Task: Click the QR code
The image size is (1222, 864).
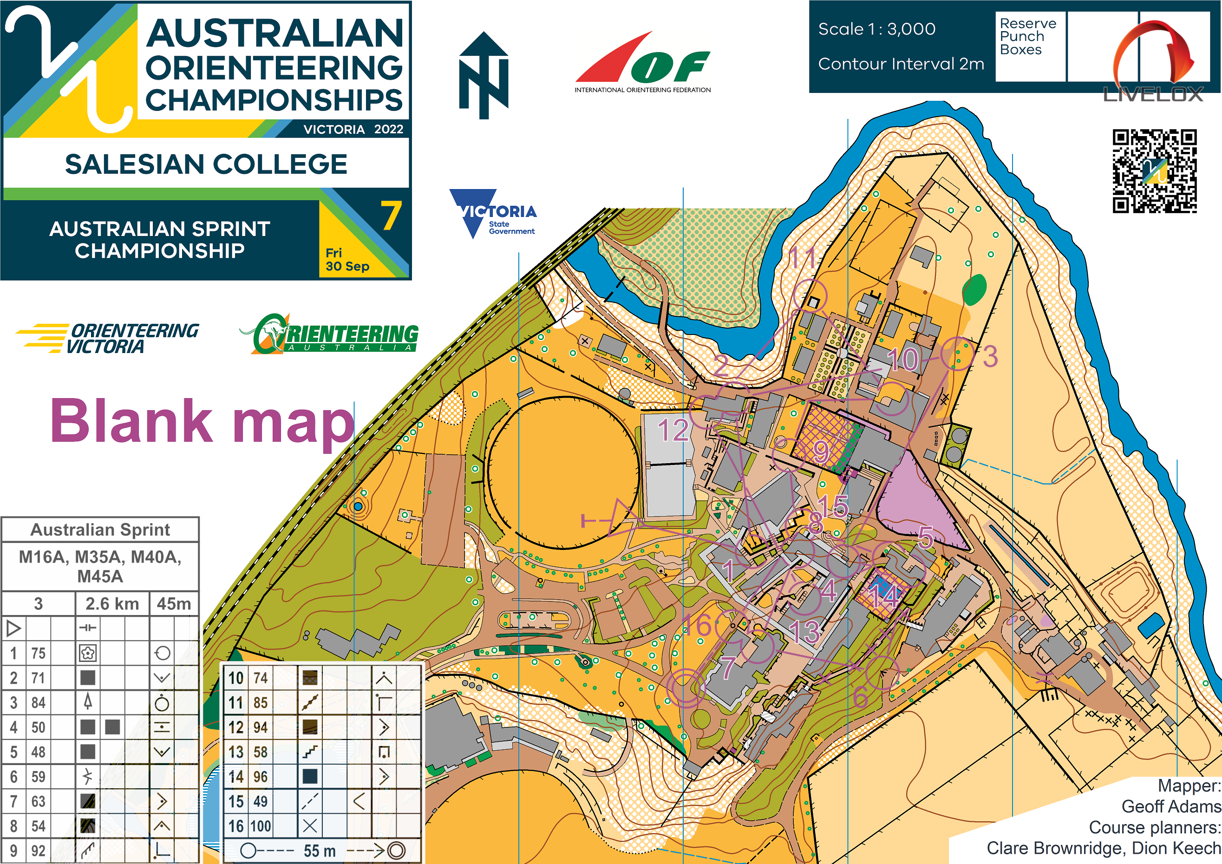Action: click(1154, 171)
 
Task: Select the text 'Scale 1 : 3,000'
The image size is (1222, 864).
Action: click(876, 29)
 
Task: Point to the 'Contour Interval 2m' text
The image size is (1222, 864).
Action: click(901, 64)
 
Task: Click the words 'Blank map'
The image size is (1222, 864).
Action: click(202, 422)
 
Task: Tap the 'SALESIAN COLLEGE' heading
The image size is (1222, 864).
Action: click(206, 164)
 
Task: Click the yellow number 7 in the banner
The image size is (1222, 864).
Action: click(391, 216)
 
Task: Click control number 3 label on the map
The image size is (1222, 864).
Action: click(990, 357)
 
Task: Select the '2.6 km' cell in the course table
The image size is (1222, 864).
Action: click(112, 604)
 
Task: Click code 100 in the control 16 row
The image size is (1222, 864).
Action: click(260, 826)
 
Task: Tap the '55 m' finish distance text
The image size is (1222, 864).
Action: click(320, 851)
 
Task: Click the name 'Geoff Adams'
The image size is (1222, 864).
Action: click(1170, 806)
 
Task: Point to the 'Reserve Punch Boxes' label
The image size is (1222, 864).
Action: click(1027, 36)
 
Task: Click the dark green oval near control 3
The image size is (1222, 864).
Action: click(974, 289)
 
